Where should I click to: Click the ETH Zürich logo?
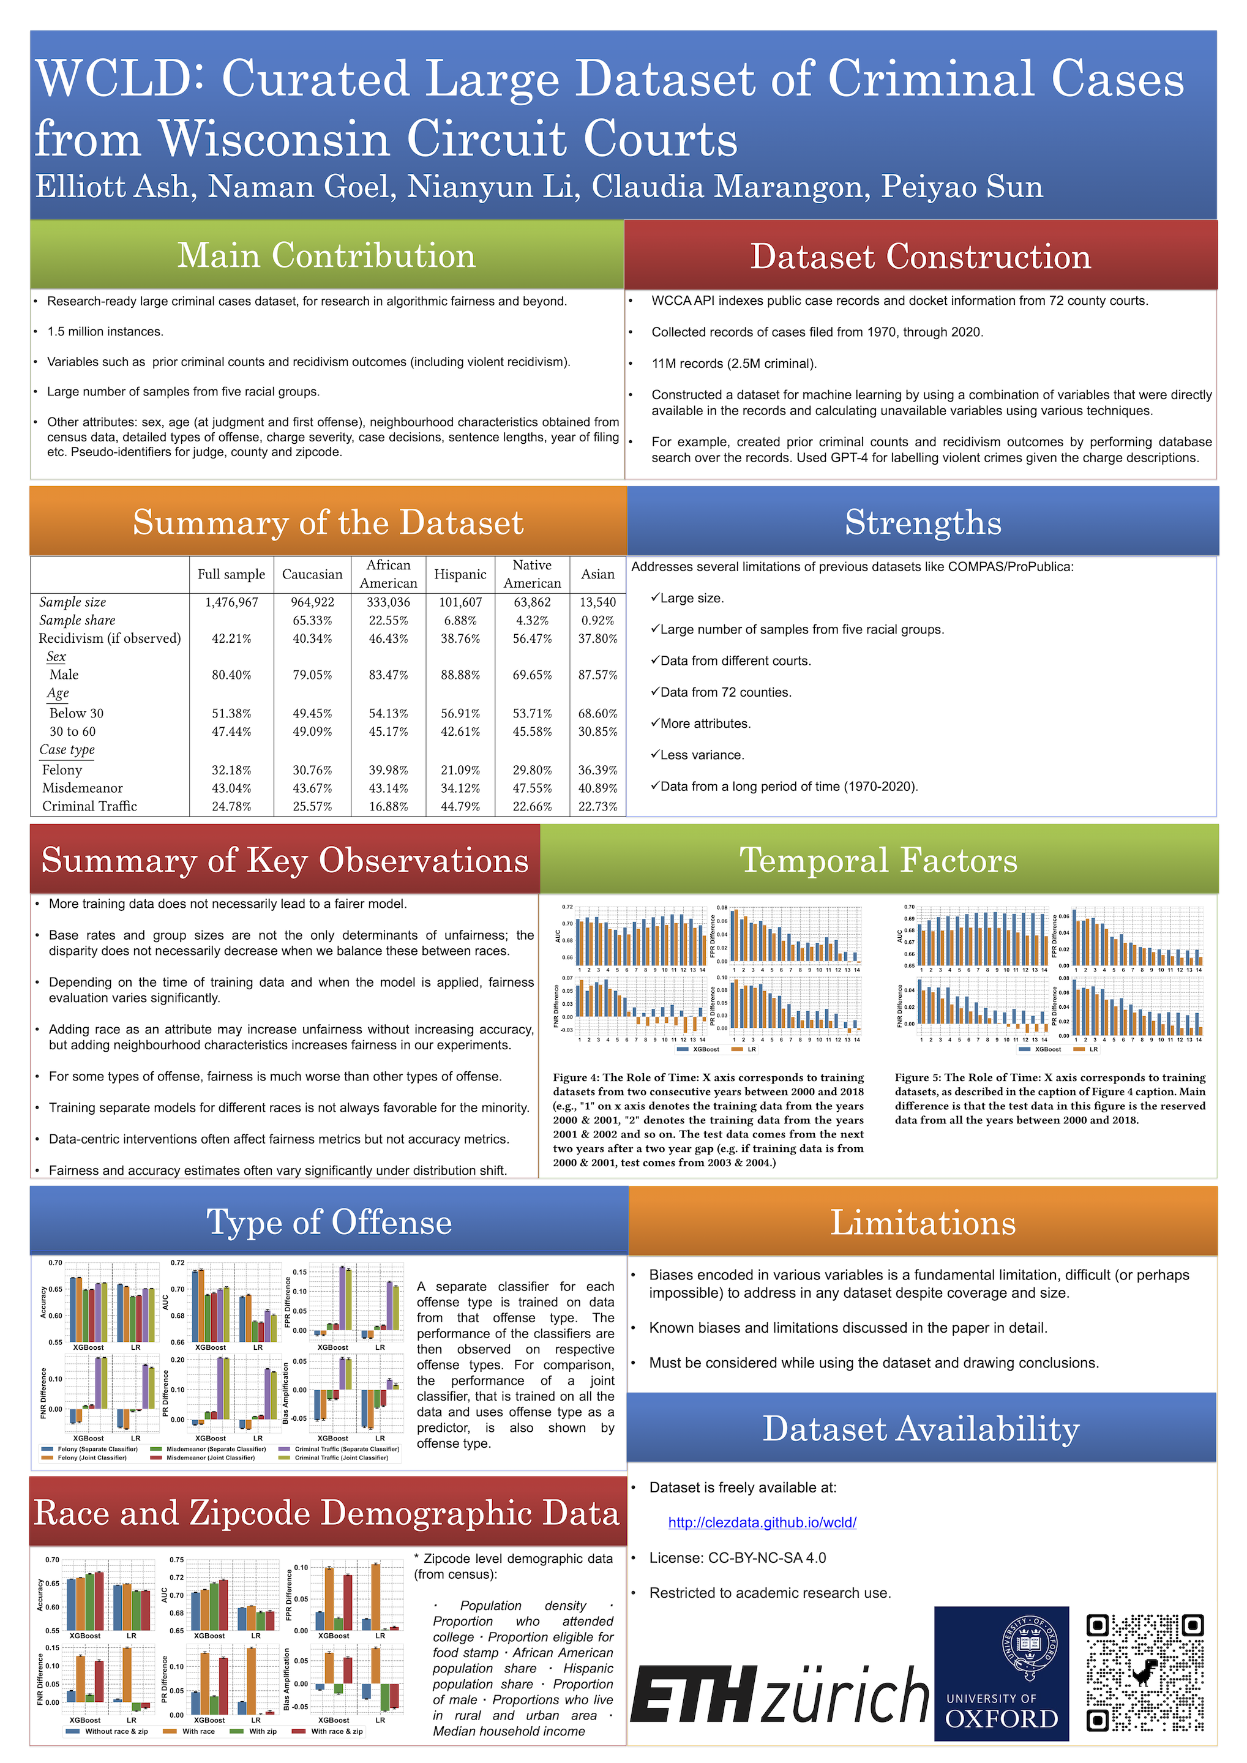779,1693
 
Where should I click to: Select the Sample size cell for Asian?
597,602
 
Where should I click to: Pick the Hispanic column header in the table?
460,574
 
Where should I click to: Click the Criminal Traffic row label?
89,806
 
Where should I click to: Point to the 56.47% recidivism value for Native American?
532,638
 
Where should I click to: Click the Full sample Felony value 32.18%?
231,769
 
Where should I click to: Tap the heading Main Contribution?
326,256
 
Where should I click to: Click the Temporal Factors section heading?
878,860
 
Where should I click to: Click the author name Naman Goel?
302,187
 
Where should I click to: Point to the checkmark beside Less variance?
655,754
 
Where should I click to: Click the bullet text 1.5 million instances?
105,332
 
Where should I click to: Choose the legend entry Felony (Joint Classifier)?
91,1458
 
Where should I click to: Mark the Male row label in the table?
64,674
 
